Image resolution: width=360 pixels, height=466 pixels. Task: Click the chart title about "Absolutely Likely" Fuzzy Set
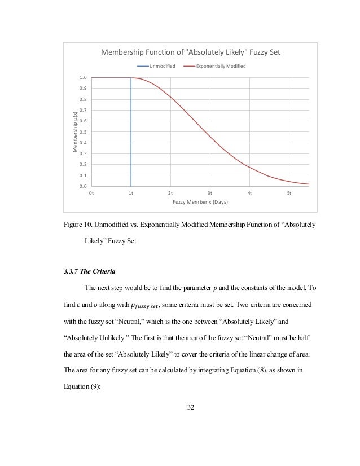coord(190,53)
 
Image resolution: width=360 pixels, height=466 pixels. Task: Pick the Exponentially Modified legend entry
coord(221,67)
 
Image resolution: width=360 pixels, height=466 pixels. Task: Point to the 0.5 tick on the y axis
coord(83,132)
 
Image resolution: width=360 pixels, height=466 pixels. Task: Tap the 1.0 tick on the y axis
coord(83,78)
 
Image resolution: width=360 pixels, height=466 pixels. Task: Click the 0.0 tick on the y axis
coord(83,186)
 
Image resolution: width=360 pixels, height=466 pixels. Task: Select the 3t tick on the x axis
coord(210,193)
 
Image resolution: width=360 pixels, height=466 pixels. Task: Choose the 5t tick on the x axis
coord(289,193)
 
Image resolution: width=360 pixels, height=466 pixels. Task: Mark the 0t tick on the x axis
coord(91,193)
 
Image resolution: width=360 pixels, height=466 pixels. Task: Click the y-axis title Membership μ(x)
coord(74,132)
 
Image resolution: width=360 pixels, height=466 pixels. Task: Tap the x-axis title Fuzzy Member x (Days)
coord(200,202)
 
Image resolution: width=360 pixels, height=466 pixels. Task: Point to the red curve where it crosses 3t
coord(210,137)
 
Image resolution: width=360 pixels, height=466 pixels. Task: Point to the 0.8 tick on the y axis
coord(83,99)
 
